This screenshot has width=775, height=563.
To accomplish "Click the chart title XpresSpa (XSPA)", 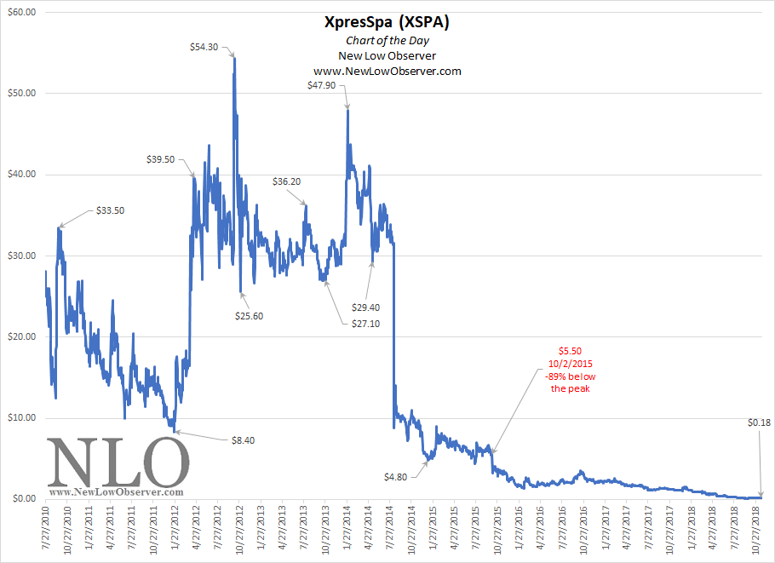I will pyautogui.click(x=387, y=23).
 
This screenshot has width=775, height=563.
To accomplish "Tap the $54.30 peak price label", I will pyautogui.click(x=204, y=47).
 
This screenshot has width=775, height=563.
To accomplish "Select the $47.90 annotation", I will pyautogui.click(x=324, y=84).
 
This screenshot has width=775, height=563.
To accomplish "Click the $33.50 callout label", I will pyautogui.click(x=110, y=210).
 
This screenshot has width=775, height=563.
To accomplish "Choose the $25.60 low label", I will pyautogui.click(x=250, y=316).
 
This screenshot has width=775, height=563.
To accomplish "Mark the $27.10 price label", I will pyautogui.click(x=366, y=324).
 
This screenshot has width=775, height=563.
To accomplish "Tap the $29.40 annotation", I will pyautogui.click(x=366, y=307).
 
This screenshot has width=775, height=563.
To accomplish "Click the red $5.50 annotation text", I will pyautogui.click(x=570, y=350).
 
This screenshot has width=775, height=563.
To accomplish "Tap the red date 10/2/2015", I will pyautogui.click(x=570, y=363).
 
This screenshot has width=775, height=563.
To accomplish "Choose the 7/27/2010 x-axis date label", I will pyautogui.click(x=46, y=532).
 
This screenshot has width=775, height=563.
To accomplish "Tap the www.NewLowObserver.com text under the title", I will pyautogui.click(x=387, y=71).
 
